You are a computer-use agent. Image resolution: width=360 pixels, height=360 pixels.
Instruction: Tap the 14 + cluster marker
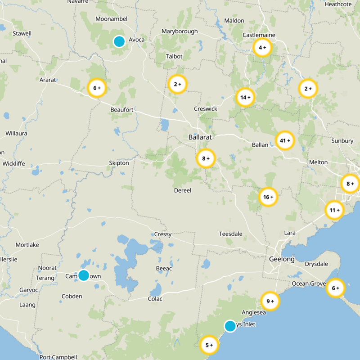(245, 97)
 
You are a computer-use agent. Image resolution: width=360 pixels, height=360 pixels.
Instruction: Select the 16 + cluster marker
(268, 197)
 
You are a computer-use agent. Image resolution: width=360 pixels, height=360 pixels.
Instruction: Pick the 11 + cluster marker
(334, 210)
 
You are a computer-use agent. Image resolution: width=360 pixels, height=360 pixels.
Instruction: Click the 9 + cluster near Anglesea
(270, 301)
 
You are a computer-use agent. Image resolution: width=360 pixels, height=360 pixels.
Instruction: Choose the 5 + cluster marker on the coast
(209, 345)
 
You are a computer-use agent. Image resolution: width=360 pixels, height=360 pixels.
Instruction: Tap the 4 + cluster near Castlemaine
(262, 47)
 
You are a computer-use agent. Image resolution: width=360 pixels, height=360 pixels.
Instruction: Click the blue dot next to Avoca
(119, 41)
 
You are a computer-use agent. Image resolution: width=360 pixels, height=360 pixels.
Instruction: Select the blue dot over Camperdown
(84, 275)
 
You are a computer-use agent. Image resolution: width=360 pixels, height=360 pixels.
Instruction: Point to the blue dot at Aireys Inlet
(230, 326)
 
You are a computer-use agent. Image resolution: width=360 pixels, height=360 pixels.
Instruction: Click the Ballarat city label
(200, 137)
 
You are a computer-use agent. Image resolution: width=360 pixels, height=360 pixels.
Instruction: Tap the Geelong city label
(282, 260)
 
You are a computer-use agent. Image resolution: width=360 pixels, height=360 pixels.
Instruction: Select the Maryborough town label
(180, 31)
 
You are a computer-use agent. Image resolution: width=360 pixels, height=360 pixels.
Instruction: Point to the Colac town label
(155, 299)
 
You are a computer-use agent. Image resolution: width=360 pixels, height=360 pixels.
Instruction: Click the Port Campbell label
(58, 357)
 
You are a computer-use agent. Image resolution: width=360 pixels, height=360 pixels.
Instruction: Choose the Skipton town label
(119, 163)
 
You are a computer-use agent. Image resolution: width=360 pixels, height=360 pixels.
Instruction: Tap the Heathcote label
(338, 4)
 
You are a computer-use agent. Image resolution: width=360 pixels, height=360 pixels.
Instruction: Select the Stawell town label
(22, 33)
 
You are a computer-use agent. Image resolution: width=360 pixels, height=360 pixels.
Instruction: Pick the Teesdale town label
(231, 234)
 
